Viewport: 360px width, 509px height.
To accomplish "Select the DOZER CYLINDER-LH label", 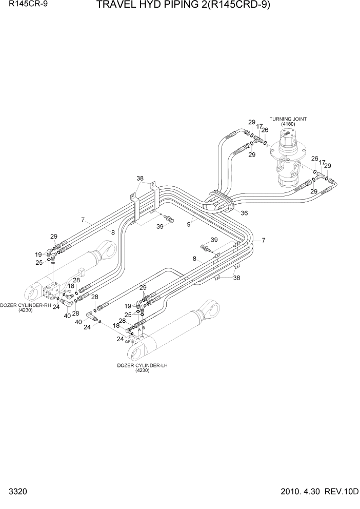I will (x=143, y=365).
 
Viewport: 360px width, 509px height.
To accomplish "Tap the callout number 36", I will (x=244, y=213).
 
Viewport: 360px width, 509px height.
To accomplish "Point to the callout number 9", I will (x=189, y=224).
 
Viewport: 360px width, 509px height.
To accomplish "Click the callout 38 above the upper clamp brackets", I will (x=140, y=179).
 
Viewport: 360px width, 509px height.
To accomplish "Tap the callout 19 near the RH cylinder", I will (x=38, y=254).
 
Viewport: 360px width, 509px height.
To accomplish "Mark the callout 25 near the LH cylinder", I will (x=128, y=314).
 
